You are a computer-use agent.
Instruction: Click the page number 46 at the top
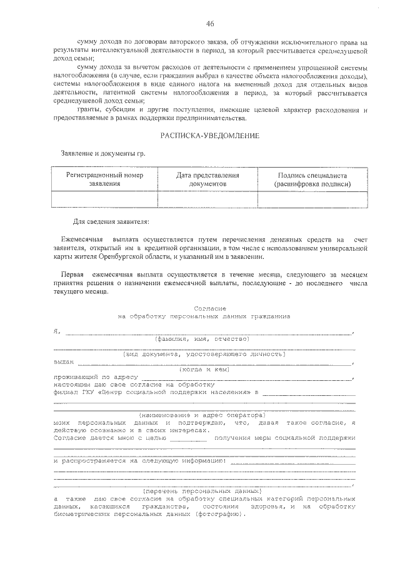tap(209, 24)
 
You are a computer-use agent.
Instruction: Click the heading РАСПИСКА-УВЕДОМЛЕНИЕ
tap(209, 135)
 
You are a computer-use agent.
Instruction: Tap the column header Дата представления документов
tap(207, 179)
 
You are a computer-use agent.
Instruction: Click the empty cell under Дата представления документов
tap(207, 199)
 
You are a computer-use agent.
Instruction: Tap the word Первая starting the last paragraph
tap(72, 275)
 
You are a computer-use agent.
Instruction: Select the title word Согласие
tap(206, 308)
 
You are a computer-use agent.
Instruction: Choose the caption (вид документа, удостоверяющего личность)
tap(204, 354)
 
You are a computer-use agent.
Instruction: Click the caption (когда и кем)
tap(204, 369)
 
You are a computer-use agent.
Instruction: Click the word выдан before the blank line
tap(64, 361)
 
